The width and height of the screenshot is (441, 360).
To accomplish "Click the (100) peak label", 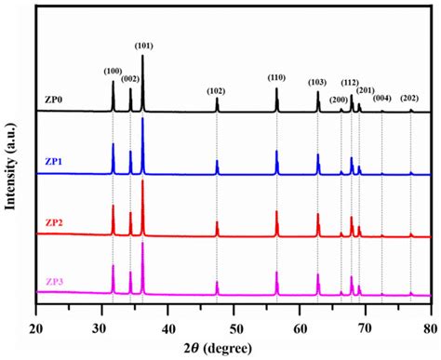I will [x=113, y=71].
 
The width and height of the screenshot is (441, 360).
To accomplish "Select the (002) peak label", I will [x=129, y=79].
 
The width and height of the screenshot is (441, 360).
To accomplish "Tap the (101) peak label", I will [x=144, y=46].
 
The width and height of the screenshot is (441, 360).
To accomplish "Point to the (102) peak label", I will [x=216, y=90].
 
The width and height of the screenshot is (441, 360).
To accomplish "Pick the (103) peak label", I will [x=318, y=83].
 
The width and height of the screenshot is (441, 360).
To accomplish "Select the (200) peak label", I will [x=339, y=100].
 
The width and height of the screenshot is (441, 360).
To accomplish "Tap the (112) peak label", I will [x=352, y=83].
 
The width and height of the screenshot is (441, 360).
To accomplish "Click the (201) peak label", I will [x=366, y=90].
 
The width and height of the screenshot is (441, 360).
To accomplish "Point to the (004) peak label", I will [x=382, y=99].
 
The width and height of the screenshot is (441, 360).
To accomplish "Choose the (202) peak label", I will [x=409, y=99].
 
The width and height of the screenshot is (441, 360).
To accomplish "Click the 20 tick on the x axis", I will [x=35, y=313].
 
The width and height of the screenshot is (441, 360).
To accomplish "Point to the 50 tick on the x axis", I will [x=234, y=313].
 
